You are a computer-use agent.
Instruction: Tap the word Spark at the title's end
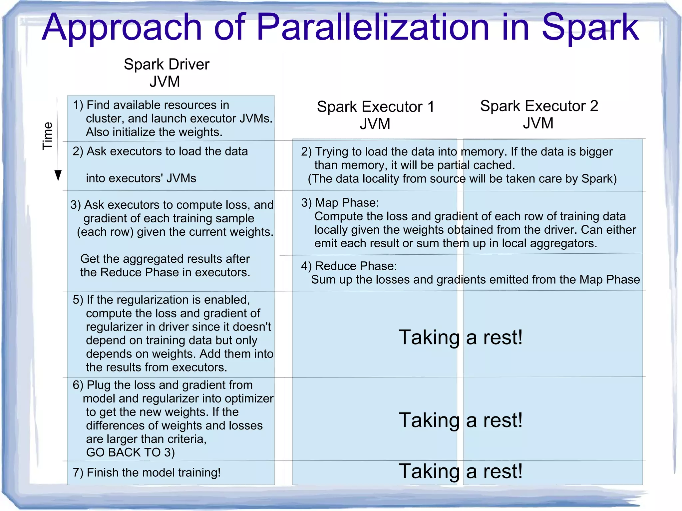pos(590,28)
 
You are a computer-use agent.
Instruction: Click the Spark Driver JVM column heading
pos(167,73)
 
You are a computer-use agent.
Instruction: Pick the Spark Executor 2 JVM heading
pos(539,114)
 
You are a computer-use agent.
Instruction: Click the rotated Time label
pos(48,136)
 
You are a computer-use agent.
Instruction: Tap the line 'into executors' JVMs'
pos(141,178)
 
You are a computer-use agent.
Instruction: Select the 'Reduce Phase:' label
pos(356,266)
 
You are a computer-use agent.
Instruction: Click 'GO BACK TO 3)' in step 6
pos(130,452)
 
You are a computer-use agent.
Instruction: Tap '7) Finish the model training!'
pos(147,472)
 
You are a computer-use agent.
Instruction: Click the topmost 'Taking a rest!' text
pos(461,337)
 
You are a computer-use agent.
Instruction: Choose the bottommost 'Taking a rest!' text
pos(461,471)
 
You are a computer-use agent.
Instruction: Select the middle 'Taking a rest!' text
pos(461,420)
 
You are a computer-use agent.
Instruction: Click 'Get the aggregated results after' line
pos(165,259)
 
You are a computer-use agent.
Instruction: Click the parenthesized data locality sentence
pos(462,179)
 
